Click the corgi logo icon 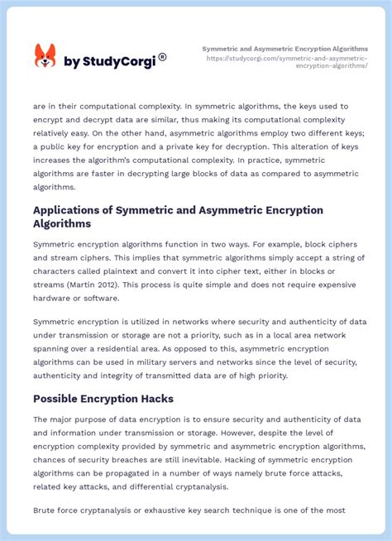point(45,57)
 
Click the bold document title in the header point(285,49)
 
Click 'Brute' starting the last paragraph point(46,510)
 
